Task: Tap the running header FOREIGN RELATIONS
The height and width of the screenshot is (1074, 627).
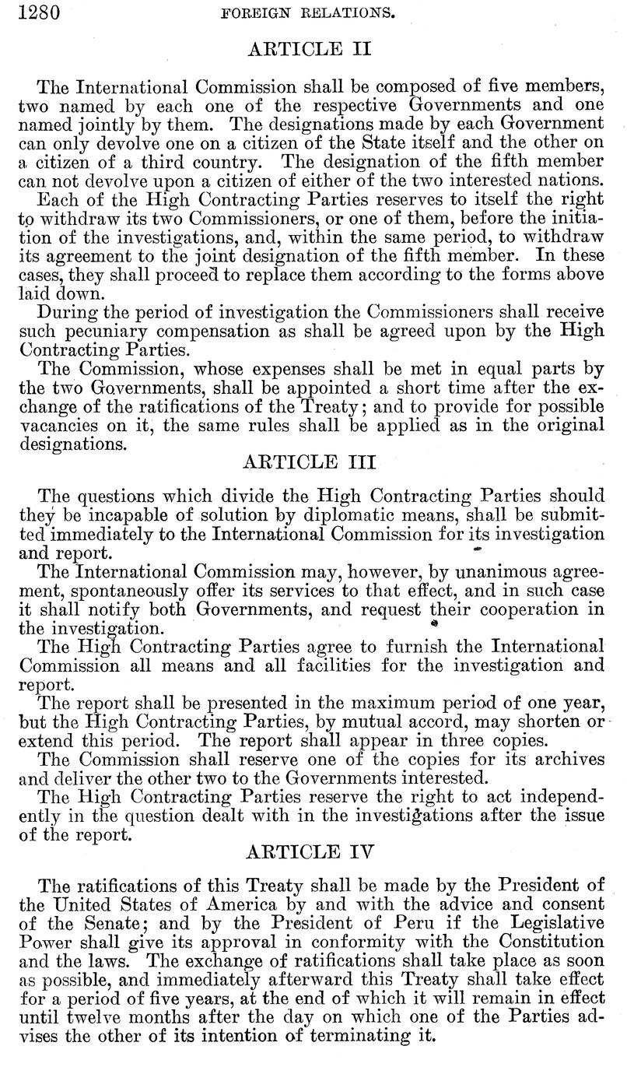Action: click(x=310, y=13)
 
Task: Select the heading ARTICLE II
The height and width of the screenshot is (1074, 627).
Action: click(x=309, y=49)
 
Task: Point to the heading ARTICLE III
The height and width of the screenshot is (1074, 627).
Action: click(x=309, y=462)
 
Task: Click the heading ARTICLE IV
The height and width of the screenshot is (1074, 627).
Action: click(x=309, y=851)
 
